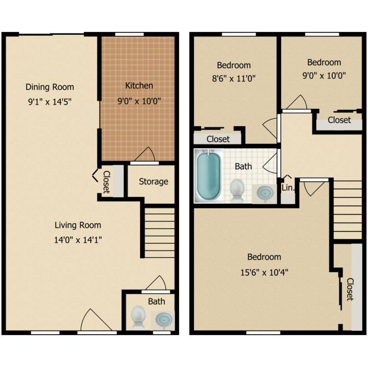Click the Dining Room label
(50, 87)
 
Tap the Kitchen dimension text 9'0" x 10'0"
(139, 102)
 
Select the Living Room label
(78, 225)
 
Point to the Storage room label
(153, 182)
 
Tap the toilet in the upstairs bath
(237, 190)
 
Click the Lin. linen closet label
(288, 188)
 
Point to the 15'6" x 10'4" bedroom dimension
(264, 273)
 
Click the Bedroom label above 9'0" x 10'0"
(324, 62)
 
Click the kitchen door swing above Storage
(145, 155)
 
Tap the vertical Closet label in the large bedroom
(350, 289)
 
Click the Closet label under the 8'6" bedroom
(218, 139)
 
